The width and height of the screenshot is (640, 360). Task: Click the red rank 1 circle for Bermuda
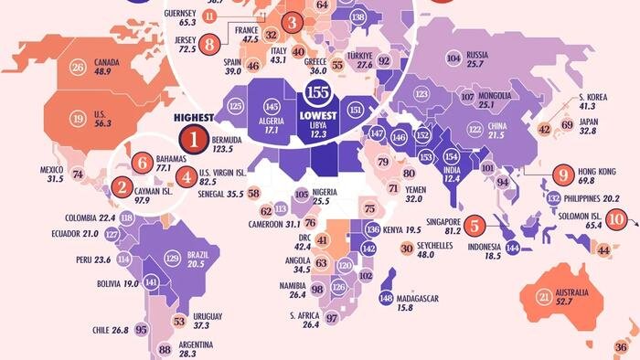pos(194,140)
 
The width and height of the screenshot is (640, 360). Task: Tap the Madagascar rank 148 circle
pos(387,298)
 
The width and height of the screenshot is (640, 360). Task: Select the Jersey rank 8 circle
pos(210,42)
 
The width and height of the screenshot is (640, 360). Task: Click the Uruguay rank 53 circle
pos(179,322)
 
